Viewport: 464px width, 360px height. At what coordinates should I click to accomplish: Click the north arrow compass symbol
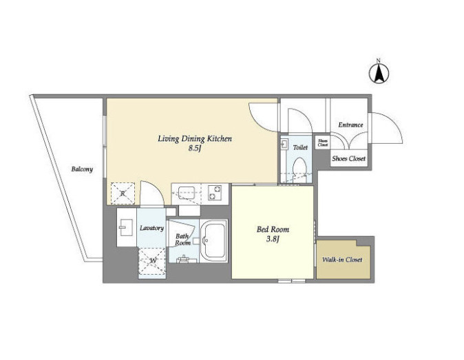tap(379, 73)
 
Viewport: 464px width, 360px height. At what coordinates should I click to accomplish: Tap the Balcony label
tap(82, 169)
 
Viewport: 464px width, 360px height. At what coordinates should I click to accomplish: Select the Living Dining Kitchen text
tap(195, 139)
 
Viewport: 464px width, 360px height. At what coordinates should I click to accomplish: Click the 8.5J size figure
tap(195, 149)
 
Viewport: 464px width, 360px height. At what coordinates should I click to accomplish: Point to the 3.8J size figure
tap(273, 239)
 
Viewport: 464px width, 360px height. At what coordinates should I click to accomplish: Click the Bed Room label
tap(273, 229)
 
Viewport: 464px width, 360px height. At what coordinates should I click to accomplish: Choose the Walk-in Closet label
tap(342, 260)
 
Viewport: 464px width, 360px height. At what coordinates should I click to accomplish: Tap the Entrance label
tap(350, 125)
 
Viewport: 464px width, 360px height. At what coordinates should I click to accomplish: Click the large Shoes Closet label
tap(348, 158)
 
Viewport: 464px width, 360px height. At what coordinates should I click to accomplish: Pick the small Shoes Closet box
tap(323, 143)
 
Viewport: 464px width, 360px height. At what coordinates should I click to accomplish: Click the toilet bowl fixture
tap(299, 168)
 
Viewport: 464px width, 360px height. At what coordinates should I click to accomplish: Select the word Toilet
tap(300, 147)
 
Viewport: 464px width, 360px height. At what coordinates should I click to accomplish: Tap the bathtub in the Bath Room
tap(213, 241)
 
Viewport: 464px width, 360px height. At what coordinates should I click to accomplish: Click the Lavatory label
tap(152, 228)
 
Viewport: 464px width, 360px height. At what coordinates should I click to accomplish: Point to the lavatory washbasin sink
tap(126, 227)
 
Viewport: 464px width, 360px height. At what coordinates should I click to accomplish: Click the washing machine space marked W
tap(152, 261)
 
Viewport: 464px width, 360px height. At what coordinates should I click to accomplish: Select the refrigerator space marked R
tap(123, 193)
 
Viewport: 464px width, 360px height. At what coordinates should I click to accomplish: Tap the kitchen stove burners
tap(215, 193)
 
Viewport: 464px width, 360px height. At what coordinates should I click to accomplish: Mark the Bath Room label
tap(182, 240)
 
